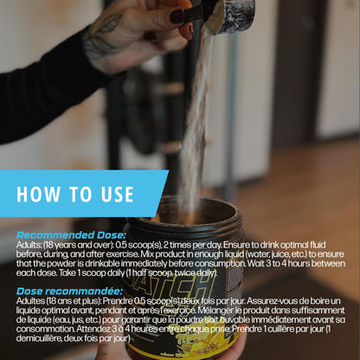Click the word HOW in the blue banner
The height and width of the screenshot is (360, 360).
(38, 194)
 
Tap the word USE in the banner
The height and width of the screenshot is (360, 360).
(118, 194)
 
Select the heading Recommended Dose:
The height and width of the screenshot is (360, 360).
(71, 235)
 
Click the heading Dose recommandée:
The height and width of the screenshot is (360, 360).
(69, 291)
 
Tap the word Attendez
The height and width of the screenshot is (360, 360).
(94, 329)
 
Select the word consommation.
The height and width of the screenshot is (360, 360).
(45, 329)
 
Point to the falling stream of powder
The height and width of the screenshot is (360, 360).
(196, 115)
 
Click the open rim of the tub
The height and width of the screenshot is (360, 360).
(184, 215)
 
